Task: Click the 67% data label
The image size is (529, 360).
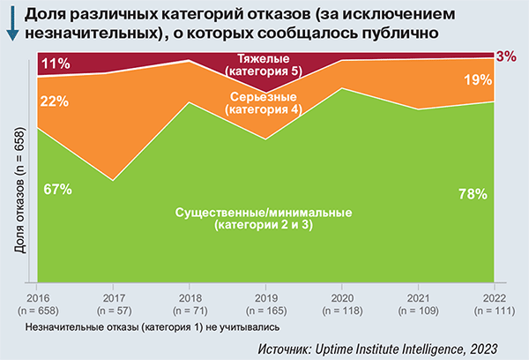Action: coord(56,189)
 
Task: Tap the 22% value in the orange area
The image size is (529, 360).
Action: coord(55,101)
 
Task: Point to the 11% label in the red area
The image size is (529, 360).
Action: coord(55,64)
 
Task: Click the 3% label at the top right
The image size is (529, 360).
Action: coord(506,56)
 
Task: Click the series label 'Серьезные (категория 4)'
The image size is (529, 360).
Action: coord(264,102)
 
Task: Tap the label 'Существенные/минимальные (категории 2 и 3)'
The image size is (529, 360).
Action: coord(264,220)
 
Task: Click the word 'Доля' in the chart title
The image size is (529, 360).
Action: coord(53,14)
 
